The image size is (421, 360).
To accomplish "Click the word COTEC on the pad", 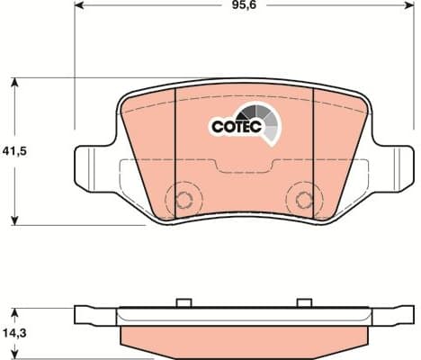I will (x=236, y=128).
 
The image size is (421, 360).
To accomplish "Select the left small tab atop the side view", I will (x=185, y=302).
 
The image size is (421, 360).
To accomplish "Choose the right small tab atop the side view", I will (x=304, y=302).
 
